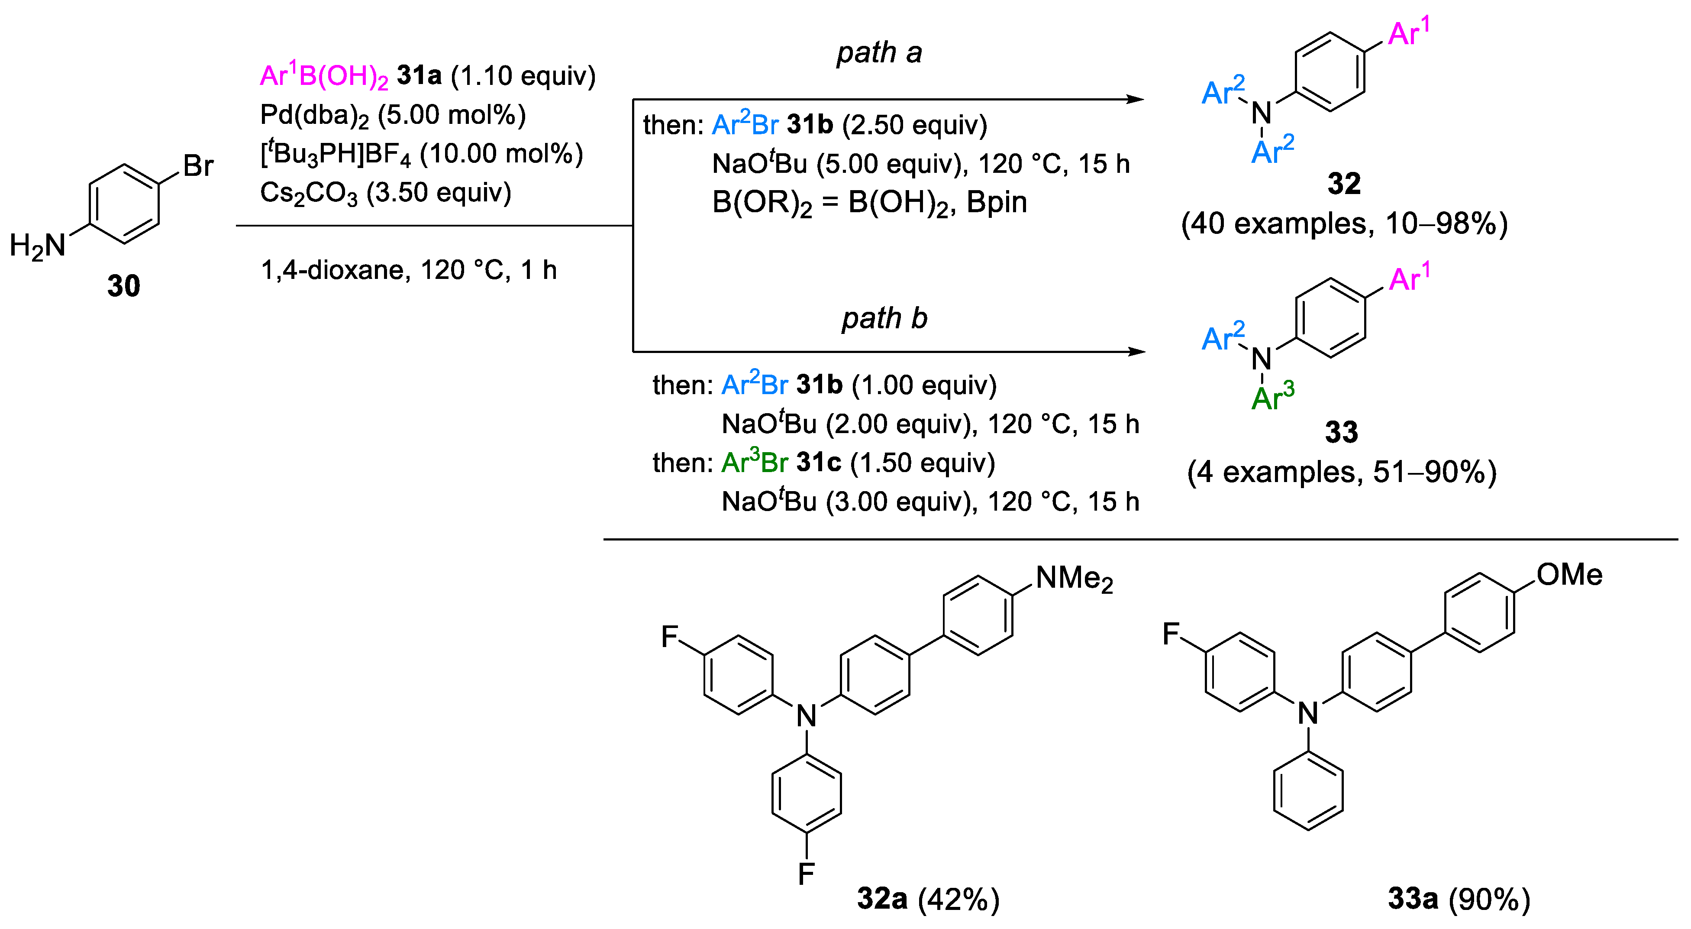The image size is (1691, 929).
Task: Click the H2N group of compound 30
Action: pos(37,246)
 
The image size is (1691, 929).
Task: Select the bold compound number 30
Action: pos(123,286)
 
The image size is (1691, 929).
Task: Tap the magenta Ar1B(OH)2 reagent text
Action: pos(324,76)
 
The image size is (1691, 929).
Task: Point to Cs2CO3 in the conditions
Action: pos(309,193)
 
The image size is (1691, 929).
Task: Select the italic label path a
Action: pos(878,52)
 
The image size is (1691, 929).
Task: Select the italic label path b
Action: pos(884,318)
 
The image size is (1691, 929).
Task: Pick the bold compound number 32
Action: pos(1344,184)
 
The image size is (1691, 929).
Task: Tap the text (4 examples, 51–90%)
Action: pos(1341,472)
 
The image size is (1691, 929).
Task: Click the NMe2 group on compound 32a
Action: pos(1074,579)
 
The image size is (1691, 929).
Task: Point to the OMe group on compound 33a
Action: pos(1569,575)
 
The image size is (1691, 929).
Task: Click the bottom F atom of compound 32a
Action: pos(806,874)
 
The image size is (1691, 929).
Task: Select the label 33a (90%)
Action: pos(1459,899)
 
